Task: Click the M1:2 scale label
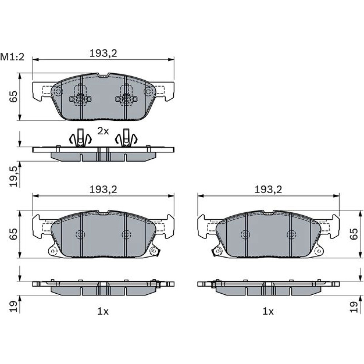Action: [x=12, y=57]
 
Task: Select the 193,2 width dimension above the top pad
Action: [x=103, y=54]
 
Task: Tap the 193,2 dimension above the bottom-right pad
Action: [x=268, y=190]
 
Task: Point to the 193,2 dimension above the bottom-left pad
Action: [x=103, y=190]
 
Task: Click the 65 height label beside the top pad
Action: [x=13, y=96]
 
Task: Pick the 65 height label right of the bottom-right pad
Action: [x=354, y=234]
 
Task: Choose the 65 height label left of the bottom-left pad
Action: [x=13, y=234]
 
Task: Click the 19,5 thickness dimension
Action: [x=13, y=177]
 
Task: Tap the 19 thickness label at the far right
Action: [x=354, y=306]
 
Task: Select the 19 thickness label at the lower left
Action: [x=13, y=306]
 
